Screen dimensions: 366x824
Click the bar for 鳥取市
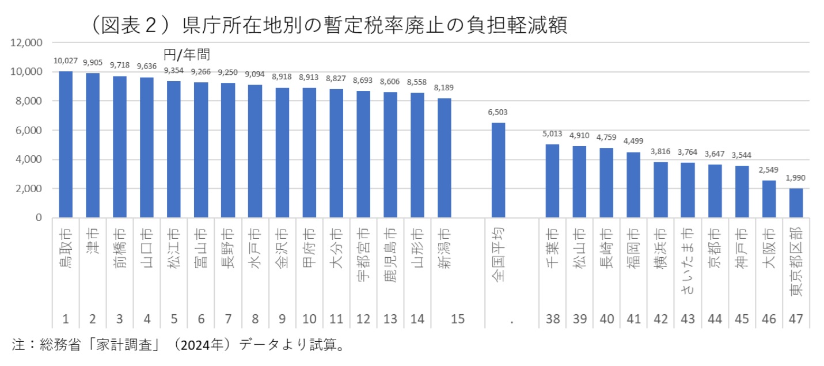[66, 144]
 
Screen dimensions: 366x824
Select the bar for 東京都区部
[795, 203]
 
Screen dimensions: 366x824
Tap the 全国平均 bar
[498, 170]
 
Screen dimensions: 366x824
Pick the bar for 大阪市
[768, 199]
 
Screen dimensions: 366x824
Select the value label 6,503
[498, 113]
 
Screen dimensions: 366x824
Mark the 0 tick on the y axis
[38, 218]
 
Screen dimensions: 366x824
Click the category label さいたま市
[687, 258]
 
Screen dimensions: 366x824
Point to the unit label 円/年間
[186, 55]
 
